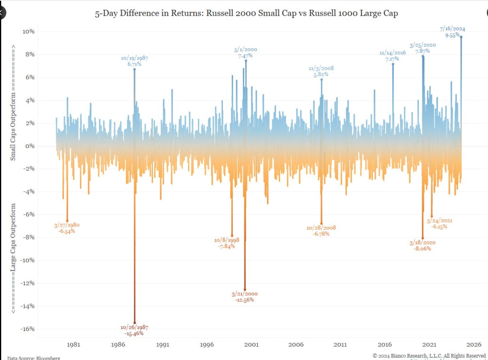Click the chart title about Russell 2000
pos(246,13)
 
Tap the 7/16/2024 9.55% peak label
pos(452,32)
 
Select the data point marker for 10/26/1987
pos(135,323)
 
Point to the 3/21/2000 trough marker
pos(245,289)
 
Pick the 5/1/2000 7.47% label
pos(245,53)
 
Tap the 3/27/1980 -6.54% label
pos(67,228)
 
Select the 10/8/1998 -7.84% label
pos(227,243)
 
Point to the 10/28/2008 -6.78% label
pos(321,231)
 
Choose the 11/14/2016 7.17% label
pos(392,56)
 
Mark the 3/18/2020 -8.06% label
pos(422,245)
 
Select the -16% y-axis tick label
pos(28,329)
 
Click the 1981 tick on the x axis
pos(73,344)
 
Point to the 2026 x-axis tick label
pos(473,344)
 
